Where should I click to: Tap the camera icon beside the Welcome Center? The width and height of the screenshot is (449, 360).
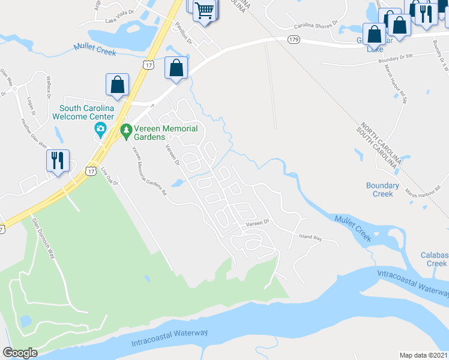[x=100, y=129]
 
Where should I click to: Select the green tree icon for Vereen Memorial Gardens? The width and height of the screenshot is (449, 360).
[x=126, y=130]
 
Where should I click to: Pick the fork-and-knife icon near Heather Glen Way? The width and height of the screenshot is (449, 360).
[x=58, y=161]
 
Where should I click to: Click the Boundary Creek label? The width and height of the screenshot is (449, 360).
[x=383, y=190]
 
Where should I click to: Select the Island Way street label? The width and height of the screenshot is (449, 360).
[x=310, y=239]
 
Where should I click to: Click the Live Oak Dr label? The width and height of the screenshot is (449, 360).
[x=107, y=175]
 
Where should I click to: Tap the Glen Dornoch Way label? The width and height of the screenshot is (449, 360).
[x=43, y=238]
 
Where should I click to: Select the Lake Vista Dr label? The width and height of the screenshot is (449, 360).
[x=118, y=21]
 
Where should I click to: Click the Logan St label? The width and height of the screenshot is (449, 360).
[x=31, y=104]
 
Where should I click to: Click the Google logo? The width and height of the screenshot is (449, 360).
[x=20, y=353]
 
